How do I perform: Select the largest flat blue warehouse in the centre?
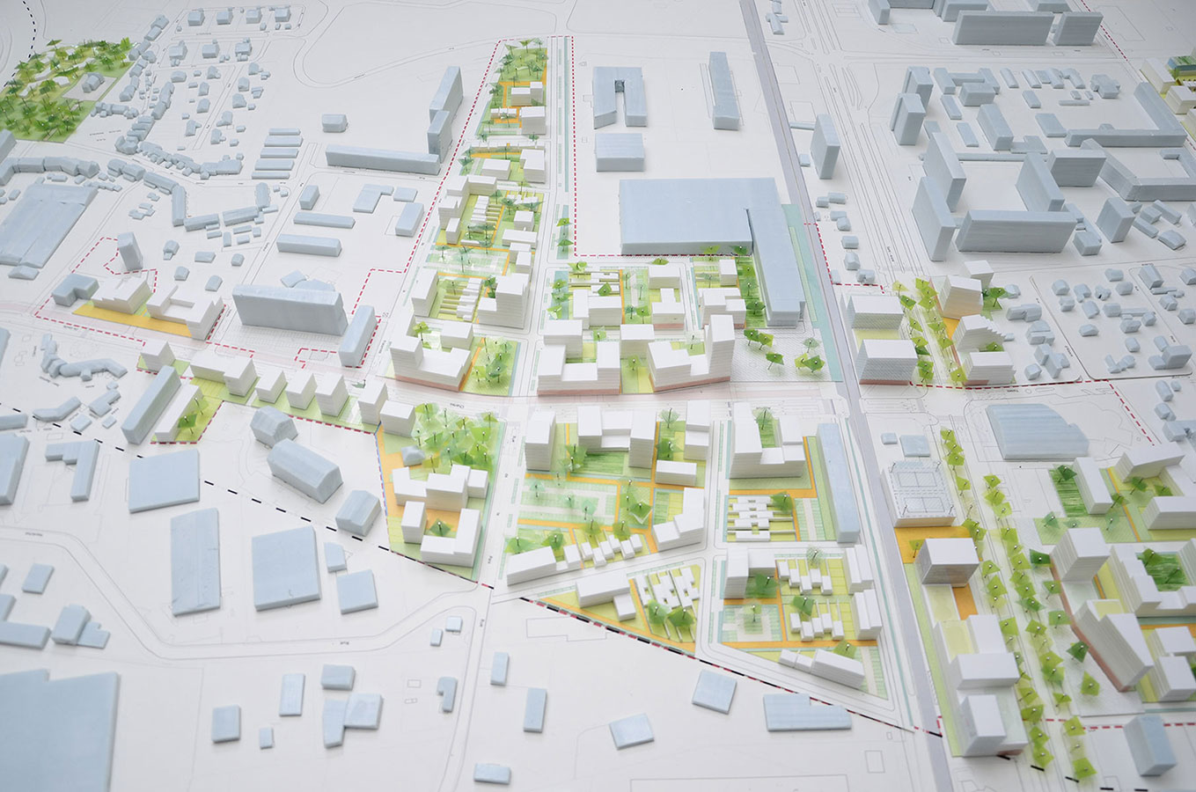686,216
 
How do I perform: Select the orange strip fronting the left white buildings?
132,318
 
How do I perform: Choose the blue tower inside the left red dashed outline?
128,251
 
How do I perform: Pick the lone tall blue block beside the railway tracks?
825,145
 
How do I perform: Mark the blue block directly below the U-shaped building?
619,151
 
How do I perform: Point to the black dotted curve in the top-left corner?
31,12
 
